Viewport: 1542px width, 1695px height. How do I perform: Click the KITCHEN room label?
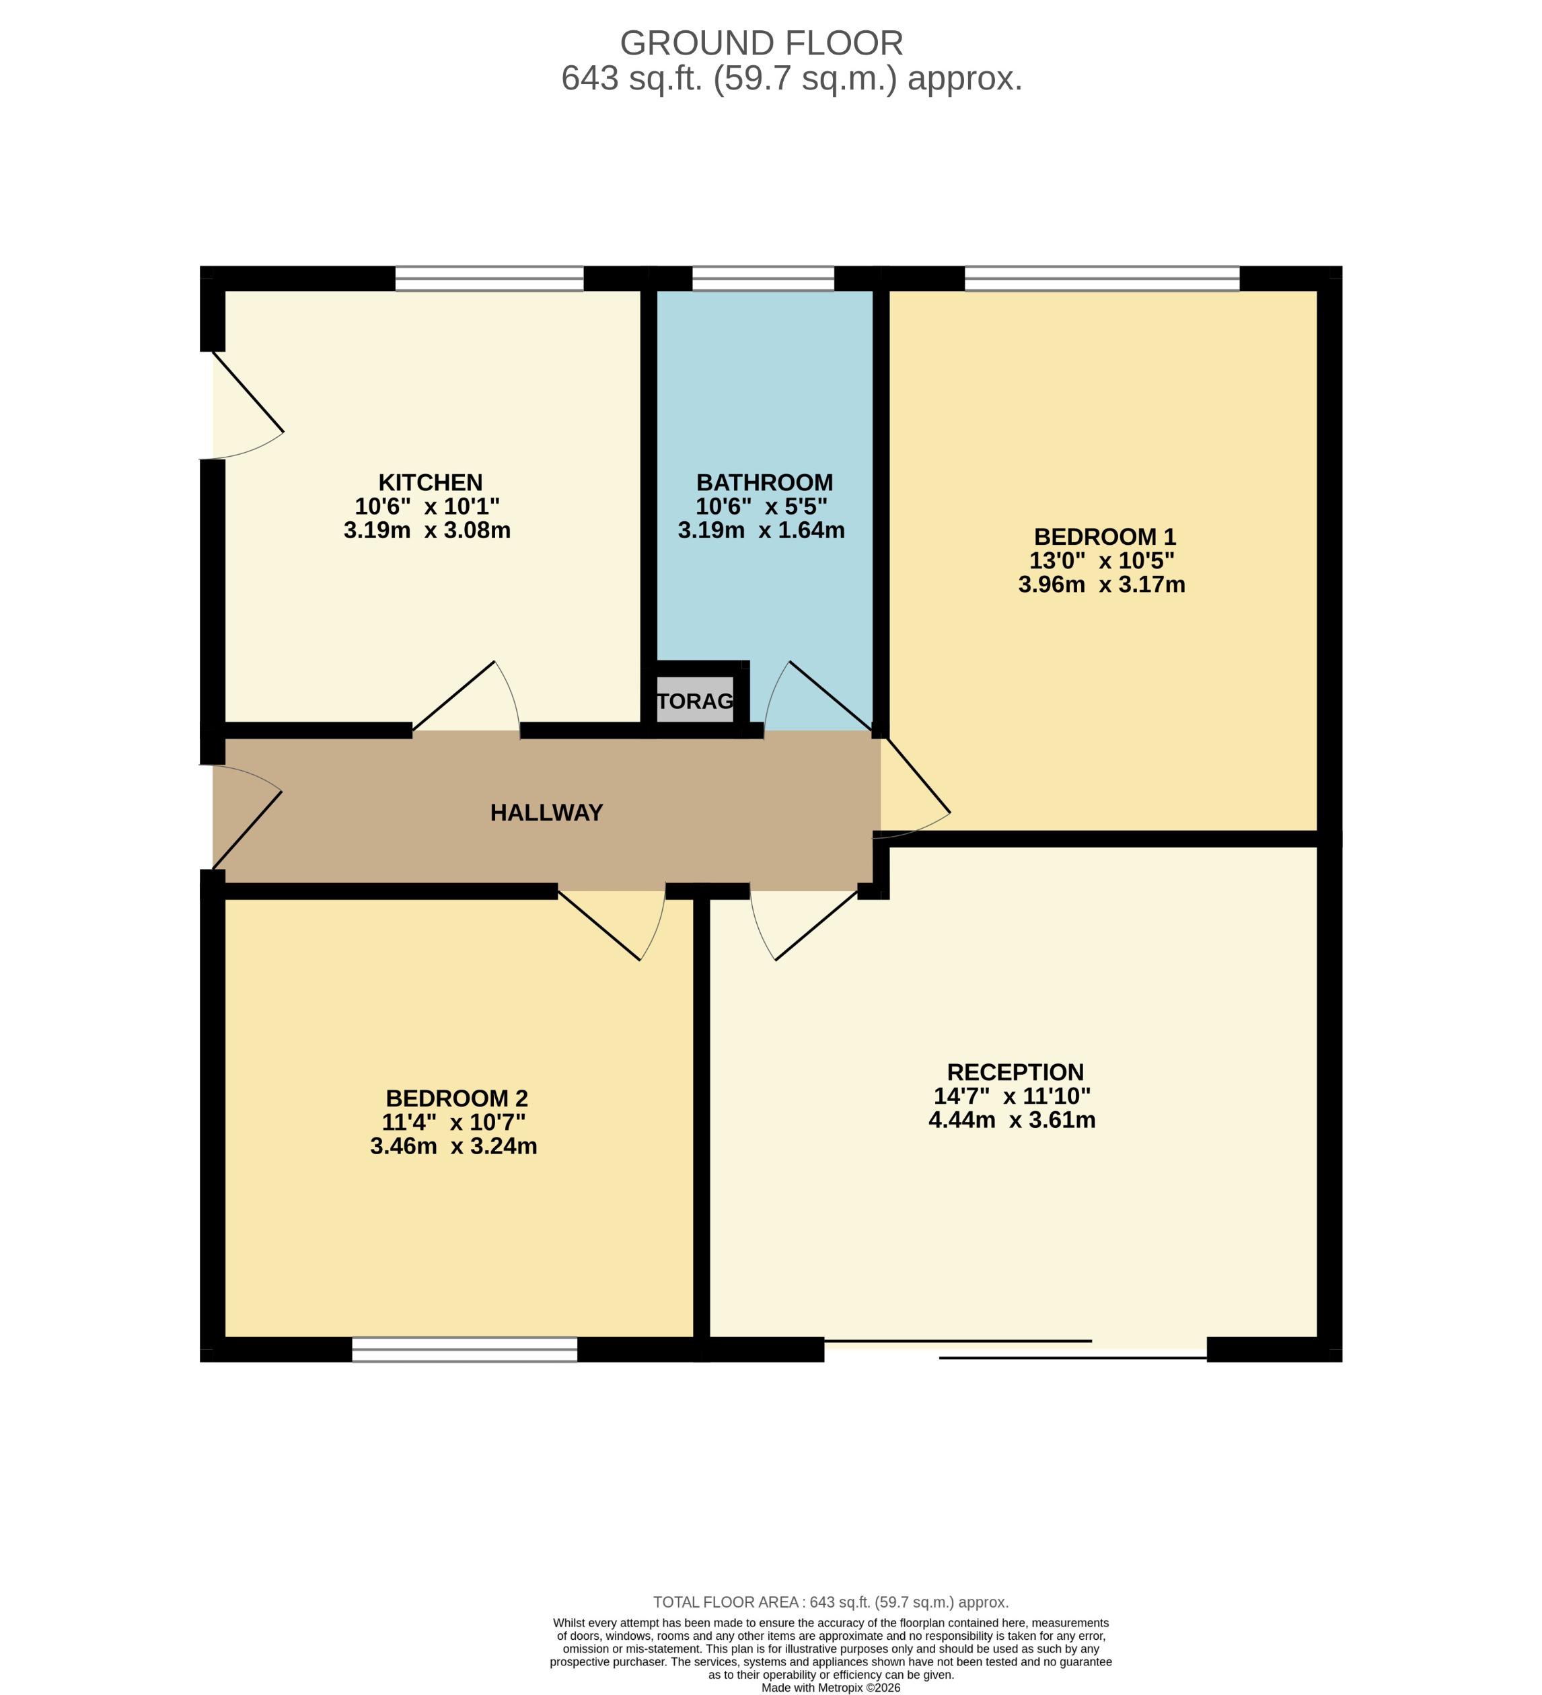click(430, 483)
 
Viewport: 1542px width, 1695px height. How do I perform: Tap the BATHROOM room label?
click(764, 483)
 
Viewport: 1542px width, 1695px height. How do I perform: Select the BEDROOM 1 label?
click(1104, 537)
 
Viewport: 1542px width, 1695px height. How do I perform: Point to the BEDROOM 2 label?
click(457, 1098)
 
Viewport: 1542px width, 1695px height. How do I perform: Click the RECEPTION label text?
click(1015, 1072)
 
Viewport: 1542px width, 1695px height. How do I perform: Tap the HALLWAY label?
click(546, 813)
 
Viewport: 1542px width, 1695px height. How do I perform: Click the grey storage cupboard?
click(694, 700)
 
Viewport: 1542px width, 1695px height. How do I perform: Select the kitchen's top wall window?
click(489, 278)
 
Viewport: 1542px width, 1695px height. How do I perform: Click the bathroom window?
click(763, 278)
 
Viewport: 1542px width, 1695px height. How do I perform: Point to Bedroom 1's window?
click(1101, 278)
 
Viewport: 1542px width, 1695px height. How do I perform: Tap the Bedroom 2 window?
click(464, 1349)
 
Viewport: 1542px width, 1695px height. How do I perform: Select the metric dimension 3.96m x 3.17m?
click(1101, 585)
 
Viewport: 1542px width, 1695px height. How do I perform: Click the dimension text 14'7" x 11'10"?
click(1011, 1096)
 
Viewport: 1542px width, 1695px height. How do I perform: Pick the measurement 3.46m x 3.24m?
click(453, 1146)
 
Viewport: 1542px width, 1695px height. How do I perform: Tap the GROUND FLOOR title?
click(761, 43)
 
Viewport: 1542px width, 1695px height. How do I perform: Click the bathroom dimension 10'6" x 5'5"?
click(761, 506)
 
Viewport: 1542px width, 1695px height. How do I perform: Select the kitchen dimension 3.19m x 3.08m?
click(427, 531)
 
